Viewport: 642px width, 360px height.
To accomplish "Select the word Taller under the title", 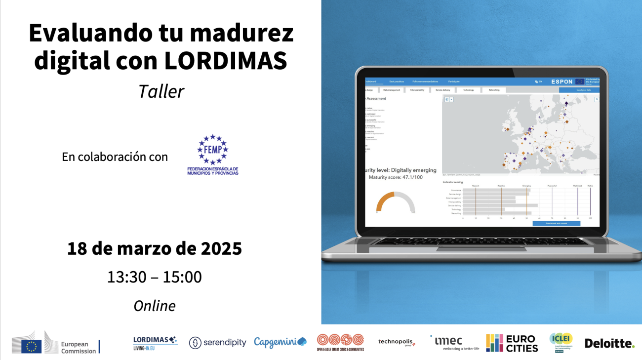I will coord(161,91).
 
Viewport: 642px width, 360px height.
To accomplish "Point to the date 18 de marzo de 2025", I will coord(155,248).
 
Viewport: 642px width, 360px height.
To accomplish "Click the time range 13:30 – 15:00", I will coord(155,277).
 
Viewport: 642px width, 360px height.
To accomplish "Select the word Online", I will coord(155,306).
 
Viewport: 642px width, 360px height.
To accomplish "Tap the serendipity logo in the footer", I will coord(217,343).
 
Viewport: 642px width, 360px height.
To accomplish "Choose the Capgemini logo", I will coord(280,342).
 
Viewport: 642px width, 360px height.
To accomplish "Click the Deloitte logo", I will coord(609,343).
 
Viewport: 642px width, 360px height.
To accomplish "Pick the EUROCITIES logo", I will coord(512,343).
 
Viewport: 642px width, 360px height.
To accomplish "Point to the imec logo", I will coord(454,342).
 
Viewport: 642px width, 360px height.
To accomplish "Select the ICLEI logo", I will coord(562,342).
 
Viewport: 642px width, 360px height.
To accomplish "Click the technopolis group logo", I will coord(397,342).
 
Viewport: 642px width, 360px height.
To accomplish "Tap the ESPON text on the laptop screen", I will coord(562,81).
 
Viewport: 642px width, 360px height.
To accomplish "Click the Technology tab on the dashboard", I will coord(468,90).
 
